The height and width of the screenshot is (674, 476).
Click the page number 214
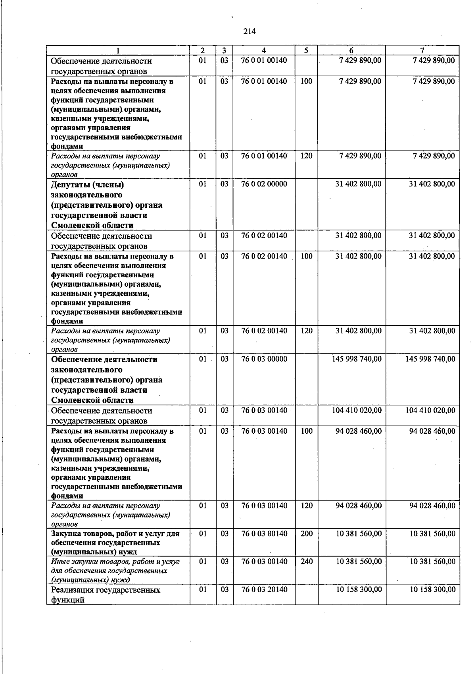point(250,31)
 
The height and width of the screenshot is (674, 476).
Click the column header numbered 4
point(264,50)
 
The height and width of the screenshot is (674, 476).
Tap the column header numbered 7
point(422,50)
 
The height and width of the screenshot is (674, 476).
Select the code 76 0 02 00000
point(264,184)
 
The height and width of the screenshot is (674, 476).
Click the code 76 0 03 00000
point(264,359)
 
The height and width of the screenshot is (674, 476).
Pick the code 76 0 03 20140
point(264,589)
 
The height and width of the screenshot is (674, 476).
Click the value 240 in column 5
point(307,561)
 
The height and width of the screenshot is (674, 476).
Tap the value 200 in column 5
point(307,533)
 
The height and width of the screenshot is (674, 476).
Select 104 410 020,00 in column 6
point(357,410)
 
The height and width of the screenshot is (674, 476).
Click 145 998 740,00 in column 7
point(430,359)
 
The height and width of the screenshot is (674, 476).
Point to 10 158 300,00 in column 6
point(359,589)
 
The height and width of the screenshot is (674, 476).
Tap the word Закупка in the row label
point(66,534)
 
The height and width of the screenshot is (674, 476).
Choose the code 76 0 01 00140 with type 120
point(264,156)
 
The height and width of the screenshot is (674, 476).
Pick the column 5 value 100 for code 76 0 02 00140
point(307,256)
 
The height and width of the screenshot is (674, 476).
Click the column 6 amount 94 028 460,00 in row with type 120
point(359,506)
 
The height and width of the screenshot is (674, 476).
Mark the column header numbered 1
point(118,50)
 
